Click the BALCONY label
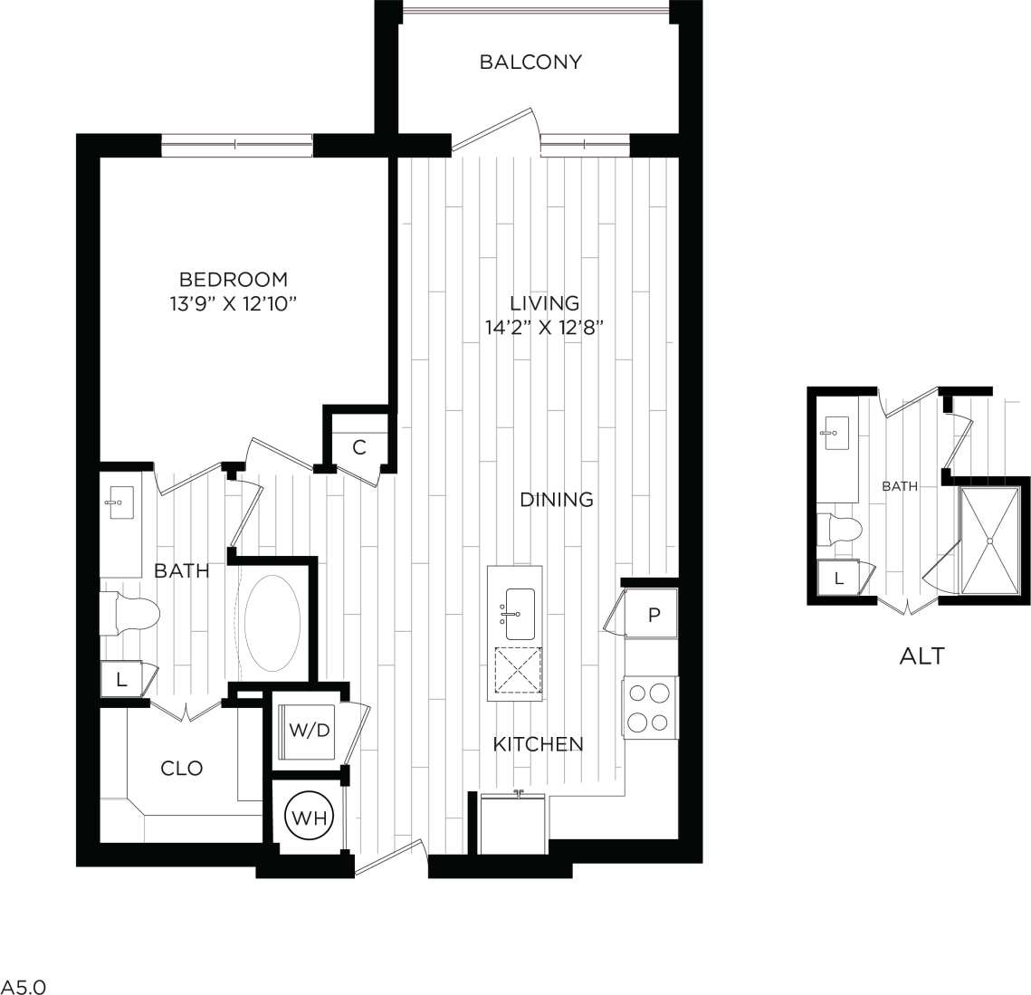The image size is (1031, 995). (x=530, y=62)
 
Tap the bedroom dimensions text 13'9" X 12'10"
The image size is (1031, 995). (x=233, y=303)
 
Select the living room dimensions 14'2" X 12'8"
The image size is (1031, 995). (x=544, y=327)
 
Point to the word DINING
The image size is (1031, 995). (x=557, y=499)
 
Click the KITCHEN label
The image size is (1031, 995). (x=538, y=744)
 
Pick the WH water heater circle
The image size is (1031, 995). (x=310, y=818)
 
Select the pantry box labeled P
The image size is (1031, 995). (x=654, y=615)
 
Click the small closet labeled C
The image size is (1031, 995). (x=359, y=446)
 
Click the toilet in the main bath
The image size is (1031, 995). (x=130, y=614)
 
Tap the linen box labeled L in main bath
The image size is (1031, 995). (x=120, y=680)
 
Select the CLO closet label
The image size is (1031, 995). (x=181, y=768)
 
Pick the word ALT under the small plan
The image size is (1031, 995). (x=921, y=655)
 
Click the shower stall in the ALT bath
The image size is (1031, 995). (x=990, y=540)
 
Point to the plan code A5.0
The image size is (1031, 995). (x=23, y=985)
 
